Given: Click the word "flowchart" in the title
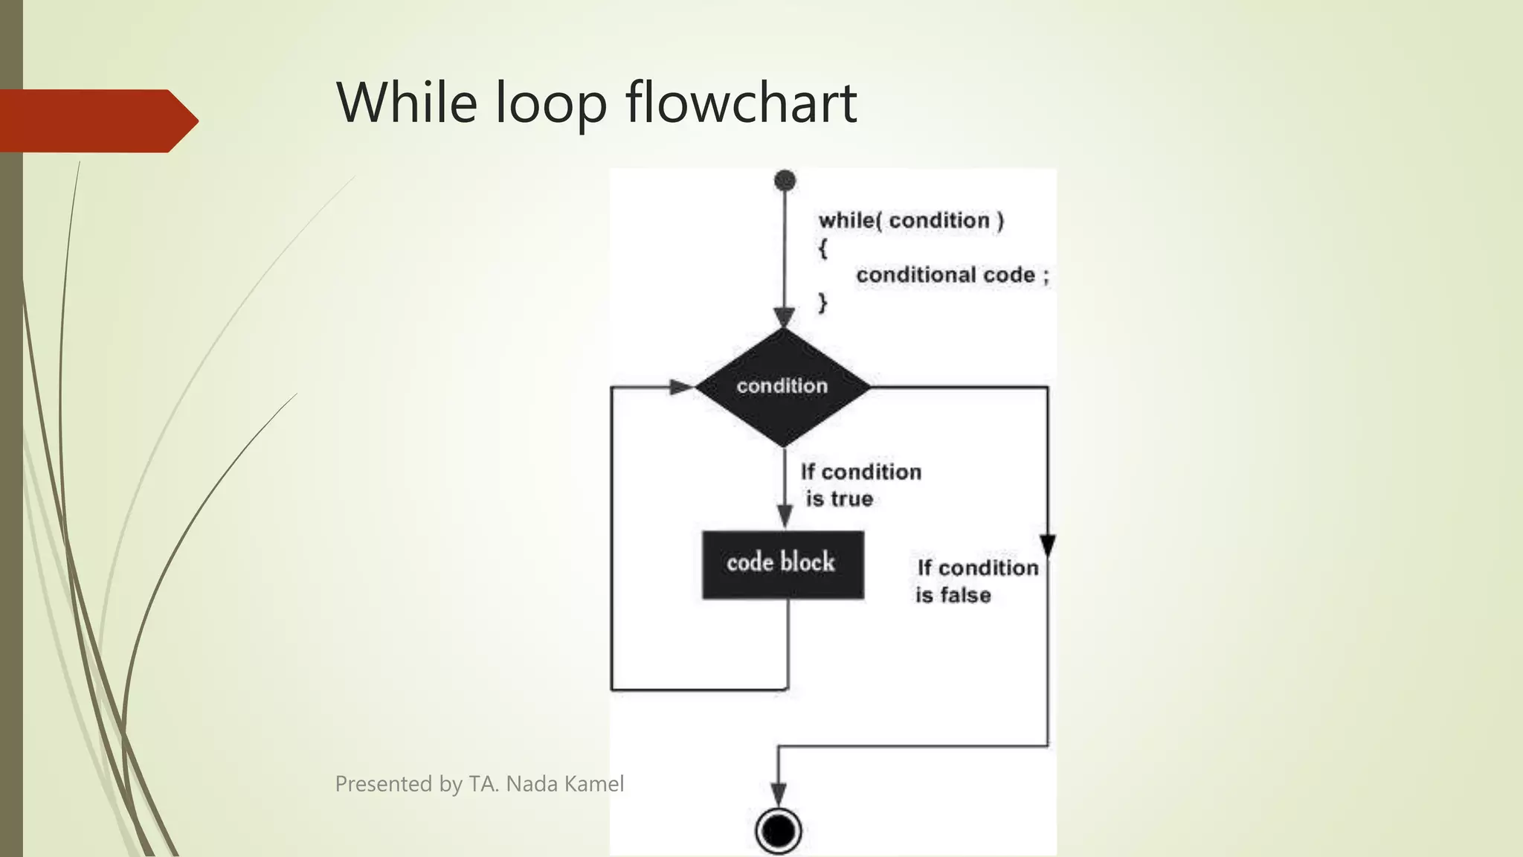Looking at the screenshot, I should point(741,103).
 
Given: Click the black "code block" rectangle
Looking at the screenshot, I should point(782,564).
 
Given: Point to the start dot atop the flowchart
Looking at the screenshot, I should point(785,180).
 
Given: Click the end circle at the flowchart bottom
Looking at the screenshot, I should point(778,830).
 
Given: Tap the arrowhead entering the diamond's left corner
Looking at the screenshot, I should point(682,387).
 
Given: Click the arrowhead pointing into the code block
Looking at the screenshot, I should point(785,515).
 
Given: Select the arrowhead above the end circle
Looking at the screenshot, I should point(778,793).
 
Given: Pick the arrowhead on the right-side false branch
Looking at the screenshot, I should point(1048,545).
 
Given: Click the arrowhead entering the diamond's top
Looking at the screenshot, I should point(785,317).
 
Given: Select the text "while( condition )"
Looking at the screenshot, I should point(911,220).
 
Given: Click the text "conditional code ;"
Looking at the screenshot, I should point(952,275).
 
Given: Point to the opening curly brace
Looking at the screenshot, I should point(822,248).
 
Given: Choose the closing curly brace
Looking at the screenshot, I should point(822,303).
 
